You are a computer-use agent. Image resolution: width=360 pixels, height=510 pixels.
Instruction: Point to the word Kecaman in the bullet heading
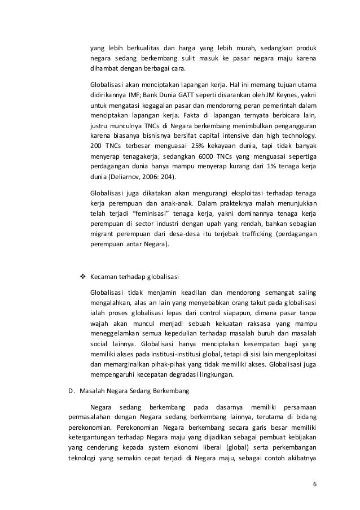[105, 277]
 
